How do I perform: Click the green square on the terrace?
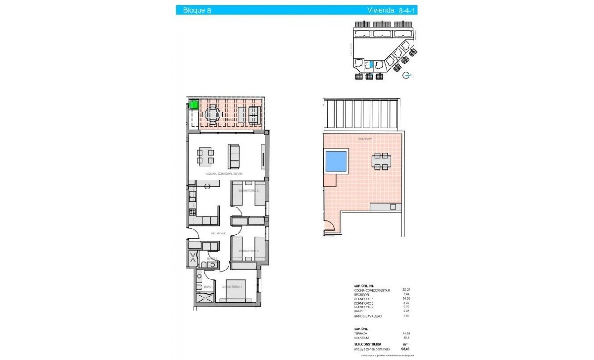tap(193, 105)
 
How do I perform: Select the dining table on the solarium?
tap(382, 161)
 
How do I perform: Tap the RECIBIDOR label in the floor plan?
tap(218, 234)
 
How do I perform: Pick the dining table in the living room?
tap(205, 156)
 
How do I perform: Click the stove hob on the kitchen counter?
tap(192, 212)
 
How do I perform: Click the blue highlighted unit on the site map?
tap(369, 66)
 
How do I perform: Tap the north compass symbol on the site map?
tap(407, 76)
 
